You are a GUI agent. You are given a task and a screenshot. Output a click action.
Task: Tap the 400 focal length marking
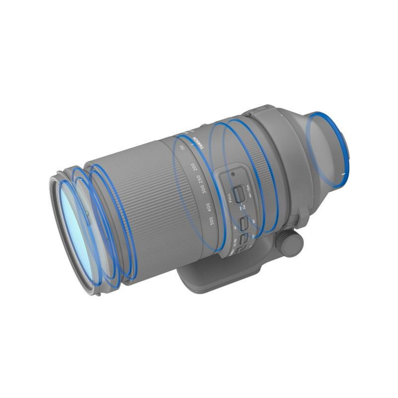coord(208,206)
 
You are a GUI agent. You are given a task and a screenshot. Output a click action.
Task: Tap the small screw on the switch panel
coord(233,174)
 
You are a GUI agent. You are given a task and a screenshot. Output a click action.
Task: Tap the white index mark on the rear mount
coord(343,173)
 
